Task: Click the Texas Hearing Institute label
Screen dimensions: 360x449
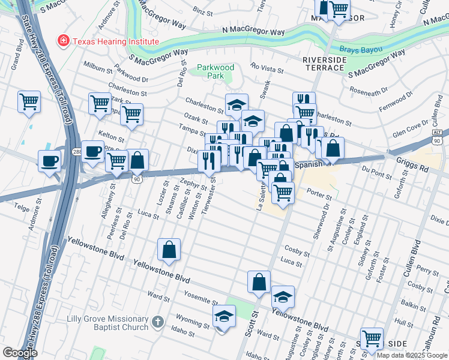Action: [115, 41]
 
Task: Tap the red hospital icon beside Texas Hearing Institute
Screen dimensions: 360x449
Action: [62, 41]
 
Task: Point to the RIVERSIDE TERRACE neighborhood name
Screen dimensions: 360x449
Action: [324, 64]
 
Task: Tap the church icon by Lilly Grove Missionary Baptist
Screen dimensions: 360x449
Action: [157, 322]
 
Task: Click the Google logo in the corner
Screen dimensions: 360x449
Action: [20, 352]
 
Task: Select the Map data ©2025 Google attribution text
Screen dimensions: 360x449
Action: [412, 355]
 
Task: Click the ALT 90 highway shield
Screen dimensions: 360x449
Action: [438, 135]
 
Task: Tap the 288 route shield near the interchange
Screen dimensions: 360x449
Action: [77, 152]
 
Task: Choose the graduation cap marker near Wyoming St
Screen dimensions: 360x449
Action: [224, 316]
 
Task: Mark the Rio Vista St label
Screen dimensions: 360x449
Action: [268, 68]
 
